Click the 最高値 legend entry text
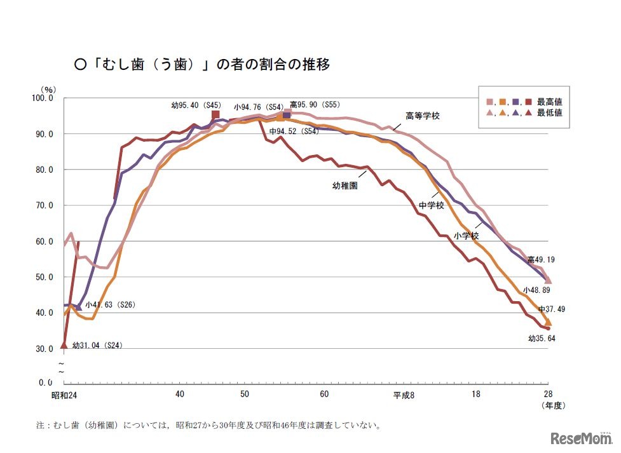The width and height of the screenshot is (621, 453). (x=549, y=101)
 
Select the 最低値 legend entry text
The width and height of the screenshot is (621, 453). (x=549, y=112)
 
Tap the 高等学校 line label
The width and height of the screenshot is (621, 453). (x=423, y=116)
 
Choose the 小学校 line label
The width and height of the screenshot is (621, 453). (x=466, y=235)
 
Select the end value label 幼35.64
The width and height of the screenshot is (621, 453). (x=541, y=338)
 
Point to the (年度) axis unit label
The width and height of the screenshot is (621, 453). (x=552, y=405)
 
